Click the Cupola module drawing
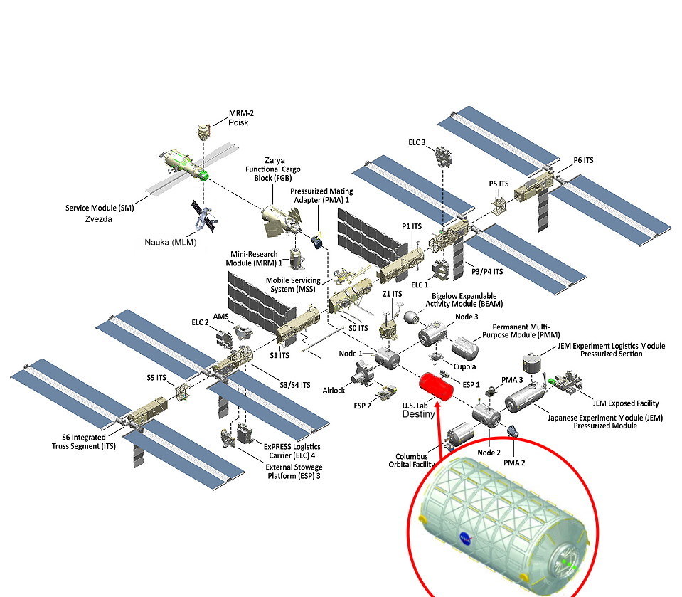[x=435, y=355]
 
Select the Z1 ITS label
[x=392, y=294]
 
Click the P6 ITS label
[x=583, y=161]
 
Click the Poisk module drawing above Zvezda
[x=204, y=133]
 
